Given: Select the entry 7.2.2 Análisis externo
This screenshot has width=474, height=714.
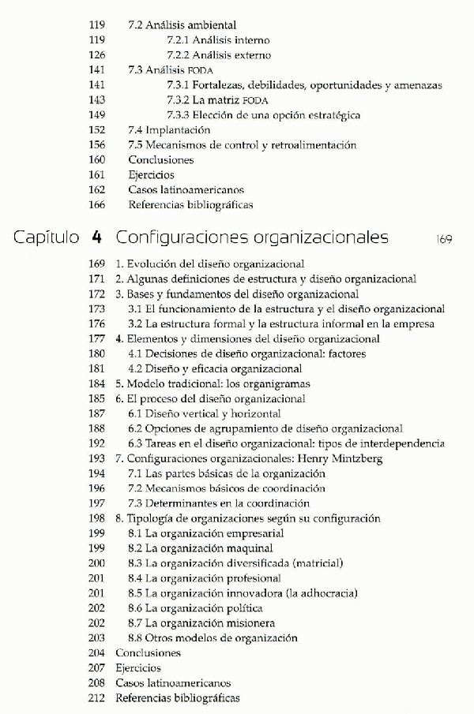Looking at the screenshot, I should point(219,55).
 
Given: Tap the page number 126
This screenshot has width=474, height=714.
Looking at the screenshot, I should point(98,55).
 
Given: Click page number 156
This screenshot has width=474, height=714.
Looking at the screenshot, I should point(98,145).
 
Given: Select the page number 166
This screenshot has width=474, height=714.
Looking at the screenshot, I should point(98,205).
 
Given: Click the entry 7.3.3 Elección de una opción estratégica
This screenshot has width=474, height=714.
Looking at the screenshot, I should point(264,115).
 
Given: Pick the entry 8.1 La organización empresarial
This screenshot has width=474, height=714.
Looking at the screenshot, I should point(206,533).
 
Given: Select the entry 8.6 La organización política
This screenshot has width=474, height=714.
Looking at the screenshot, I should point(195,608).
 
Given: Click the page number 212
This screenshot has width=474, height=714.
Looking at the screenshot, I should point(96,698).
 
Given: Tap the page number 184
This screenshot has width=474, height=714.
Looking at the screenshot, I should point(96,383).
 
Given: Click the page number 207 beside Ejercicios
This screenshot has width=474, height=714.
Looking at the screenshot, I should point(96,668).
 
